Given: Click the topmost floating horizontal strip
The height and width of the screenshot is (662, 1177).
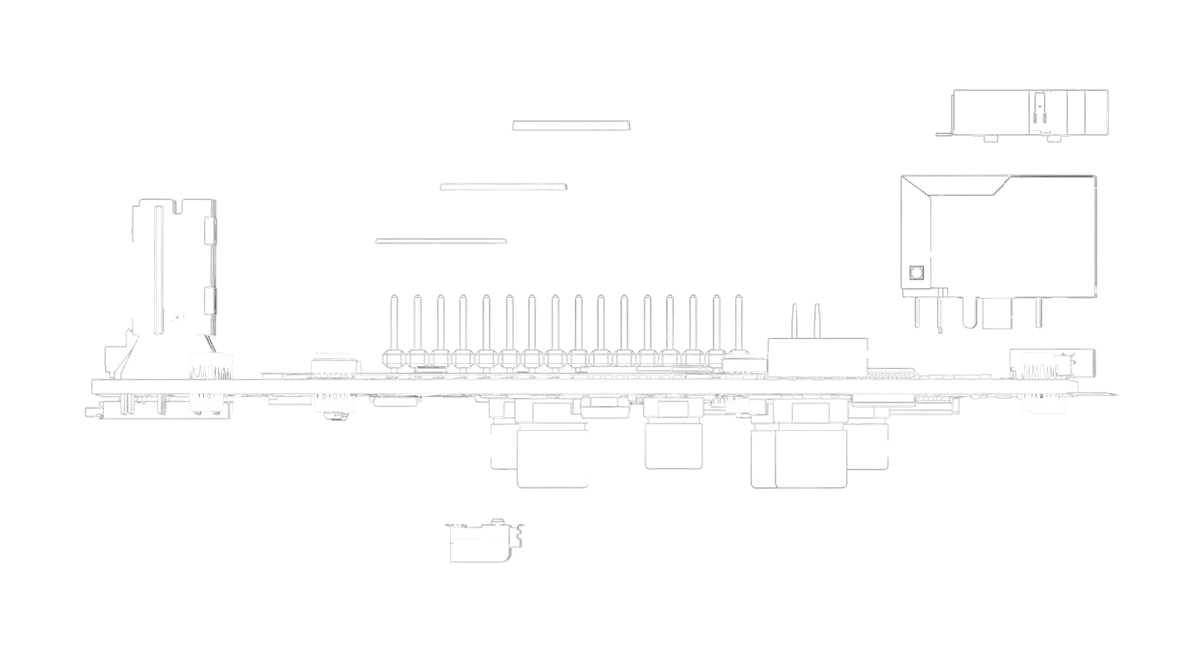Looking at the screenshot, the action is click(x=571, y=126).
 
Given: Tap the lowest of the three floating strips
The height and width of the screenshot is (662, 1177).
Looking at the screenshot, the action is click(x=441, y=243).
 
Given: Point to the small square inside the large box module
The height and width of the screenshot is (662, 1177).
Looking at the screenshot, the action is click(x=916, y=273).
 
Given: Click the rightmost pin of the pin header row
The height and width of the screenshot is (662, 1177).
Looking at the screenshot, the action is click(x=736, y=323).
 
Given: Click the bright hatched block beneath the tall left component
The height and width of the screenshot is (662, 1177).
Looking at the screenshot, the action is click(x=210, y=364).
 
